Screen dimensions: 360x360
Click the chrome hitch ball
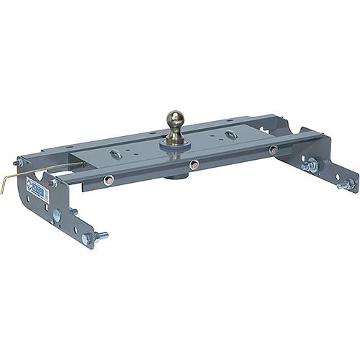pos(175,118)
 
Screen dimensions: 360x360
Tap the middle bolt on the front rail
pos(194,163)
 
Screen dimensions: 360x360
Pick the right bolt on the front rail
pos(273,150)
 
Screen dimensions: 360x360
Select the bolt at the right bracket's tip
pos(343,186)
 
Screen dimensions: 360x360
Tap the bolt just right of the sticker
pos(53,183)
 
